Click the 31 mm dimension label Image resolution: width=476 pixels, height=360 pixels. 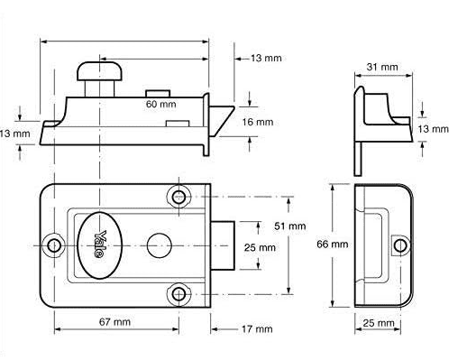pos(382,67)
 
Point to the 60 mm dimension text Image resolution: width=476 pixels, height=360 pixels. pos(160,104)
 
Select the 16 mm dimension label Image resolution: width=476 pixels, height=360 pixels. pos(258,122)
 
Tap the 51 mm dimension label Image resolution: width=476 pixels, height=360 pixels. pos(290,226)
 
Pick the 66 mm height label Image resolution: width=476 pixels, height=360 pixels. pos(332,245)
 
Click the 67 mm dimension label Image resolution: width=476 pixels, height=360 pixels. pos(114,322)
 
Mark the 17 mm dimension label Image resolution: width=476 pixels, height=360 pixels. pos(257,329)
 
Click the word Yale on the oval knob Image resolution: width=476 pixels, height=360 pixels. pos(100,245)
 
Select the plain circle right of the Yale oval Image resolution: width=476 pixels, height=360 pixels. pos(160,245)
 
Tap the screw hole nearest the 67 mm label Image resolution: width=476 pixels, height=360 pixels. pos(178,294)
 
